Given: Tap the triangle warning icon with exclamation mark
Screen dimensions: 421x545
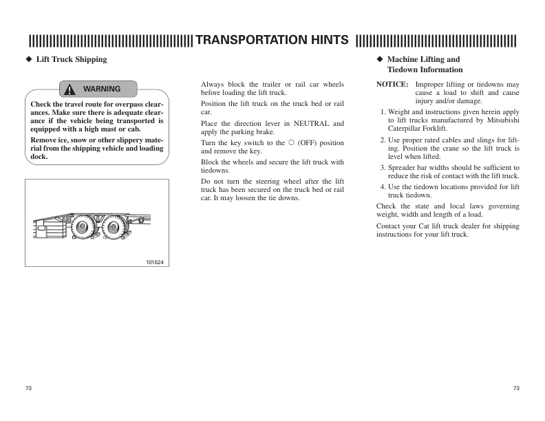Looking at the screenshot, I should pyautogui.click(x=71, y=89).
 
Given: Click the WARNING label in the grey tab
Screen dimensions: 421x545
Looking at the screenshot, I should pyautogui.click(x=102, y=89).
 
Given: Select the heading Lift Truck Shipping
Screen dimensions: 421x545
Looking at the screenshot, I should pyautogui.click(x=71, y=60).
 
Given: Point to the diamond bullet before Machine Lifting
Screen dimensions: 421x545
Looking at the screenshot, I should pyautogui.click(x=379, y=60).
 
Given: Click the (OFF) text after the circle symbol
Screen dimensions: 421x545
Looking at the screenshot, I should pyautogui.click(x=307, y=143).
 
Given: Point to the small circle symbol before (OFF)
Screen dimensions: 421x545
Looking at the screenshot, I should pyautogui.click(x=291, y=143).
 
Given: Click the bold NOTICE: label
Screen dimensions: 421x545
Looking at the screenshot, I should pyautogui.click(x=392, y=84).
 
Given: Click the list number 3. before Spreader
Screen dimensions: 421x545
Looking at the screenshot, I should pyautogui.click(x=383, y=167).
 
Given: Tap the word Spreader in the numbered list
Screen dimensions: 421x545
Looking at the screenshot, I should pyautogui.click(x=404, y=167).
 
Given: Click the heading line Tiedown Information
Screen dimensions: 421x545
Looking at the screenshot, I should pyautogui.click(x=425, y=69).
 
